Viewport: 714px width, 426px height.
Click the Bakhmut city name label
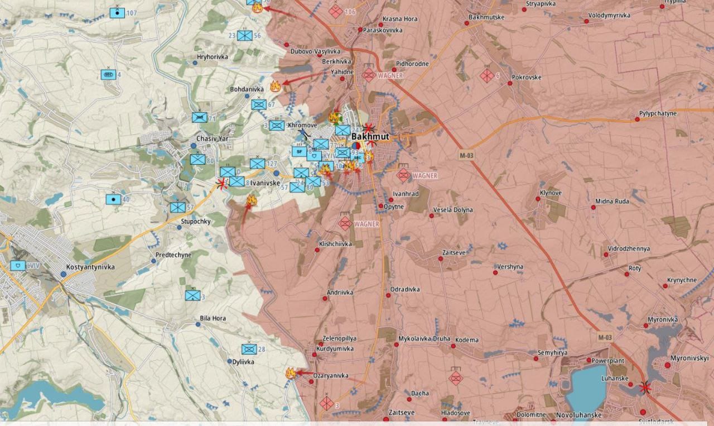point(370,136)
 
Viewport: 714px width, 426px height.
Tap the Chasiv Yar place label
point(213,138)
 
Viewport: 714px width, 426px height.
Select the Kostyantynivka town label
point(90,267)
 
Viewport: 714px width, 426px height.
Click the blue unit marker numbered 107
point(117,12)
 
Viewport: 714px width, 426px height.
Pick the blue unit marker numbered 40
point(113,199)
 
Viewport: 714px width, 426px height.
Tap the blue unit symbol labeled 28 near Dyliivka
point(249,349)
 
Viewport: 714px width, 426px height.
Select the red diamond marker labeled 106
point(335,11)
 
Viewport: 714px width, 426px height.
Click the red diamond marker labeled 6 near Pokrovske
point(486,75)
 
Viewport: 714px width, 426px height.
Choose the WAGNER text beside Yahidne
point(390,75)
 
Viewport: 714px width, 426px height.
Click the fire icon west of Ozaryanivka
point(290,373)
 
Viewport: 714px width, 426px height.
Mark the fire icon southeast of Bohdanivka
point(274,86)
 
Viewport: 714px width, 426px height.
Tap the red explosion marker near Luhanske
point(645,387)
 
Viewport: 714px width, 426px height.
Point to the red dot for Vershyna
point(495,272)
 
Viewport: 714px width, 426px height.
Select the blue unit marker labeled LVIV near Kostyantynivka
point(17,265)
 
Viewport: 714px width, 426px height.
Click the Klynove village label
point(551,193)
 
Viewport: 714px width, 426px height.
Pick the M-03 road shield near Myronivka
point(605,337)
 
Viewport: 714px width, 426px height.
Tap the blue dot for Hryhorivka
point(195,63)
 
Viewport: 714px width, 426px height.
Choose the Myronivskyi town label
point(689,357)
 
